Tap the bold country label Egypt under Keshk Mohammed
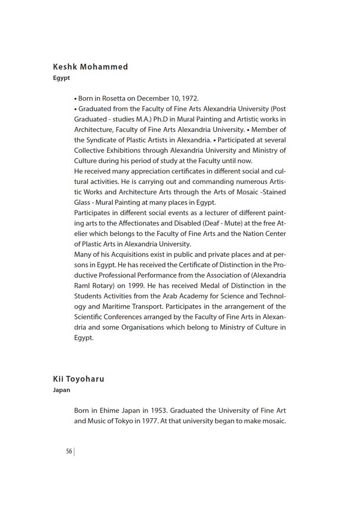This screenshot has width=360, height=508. [61, 78]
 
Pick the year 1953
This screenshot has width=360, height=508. [164, 411]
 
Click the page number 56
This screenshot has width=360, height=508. [69, 451]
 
